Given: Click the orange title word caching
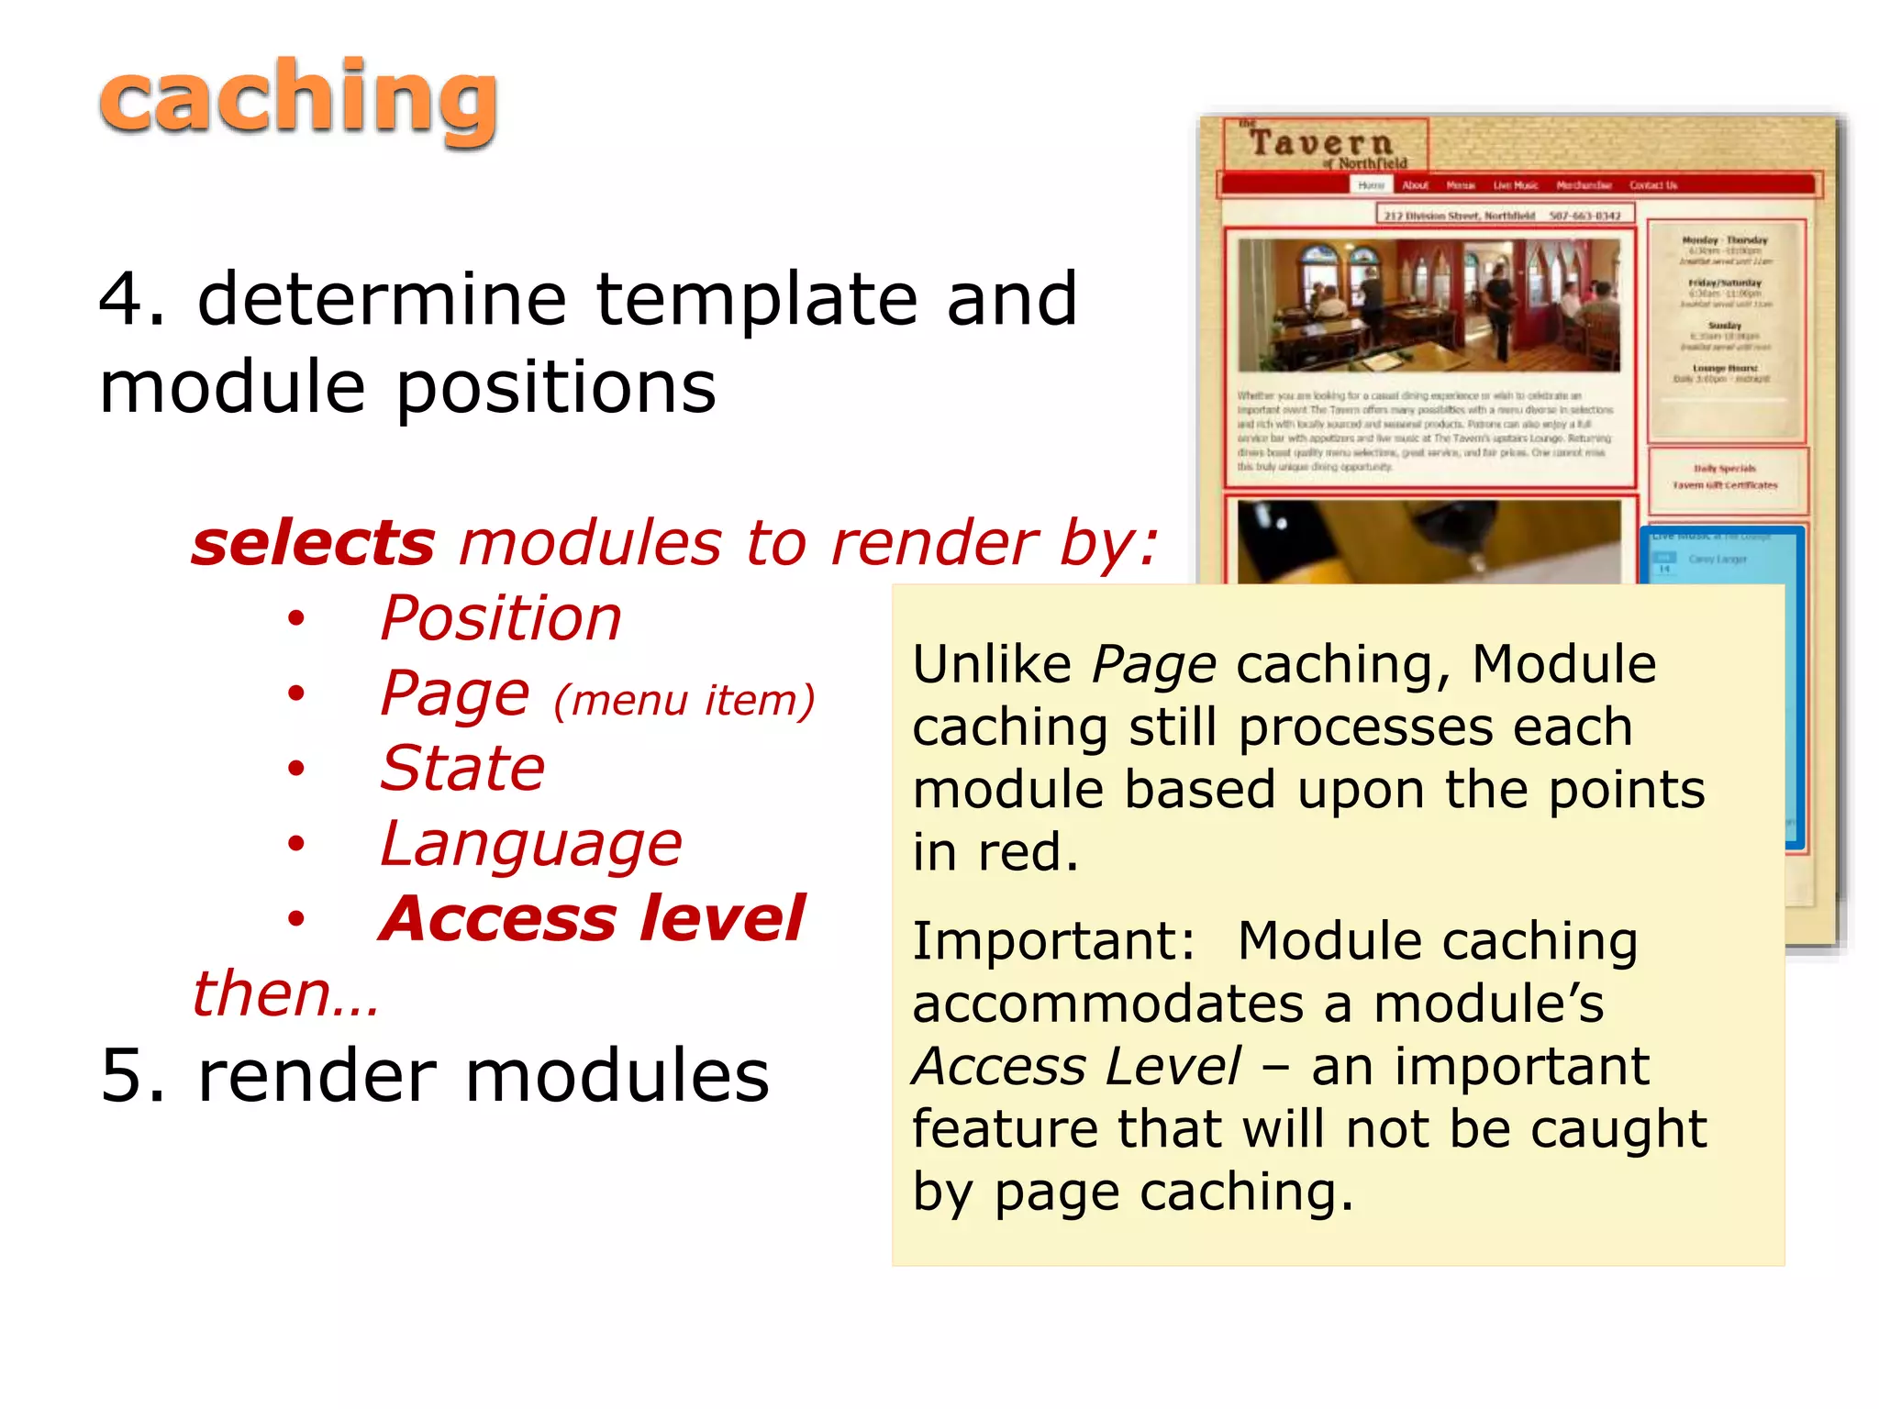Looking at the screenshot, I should tap(298, 99).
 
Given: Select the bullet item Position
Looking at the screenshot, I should tap(501, 618).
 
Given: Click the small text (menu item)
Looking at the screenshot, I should tap(684, 701).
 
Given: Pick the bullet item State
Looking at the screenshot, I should tap(462, 769).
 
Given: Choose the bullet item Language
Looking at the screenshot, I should tap(531, 844).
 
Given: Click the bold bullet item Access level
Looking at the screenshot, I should tap(593, 919).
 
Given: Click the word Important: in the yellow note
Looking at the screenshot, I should tap(1054, 941).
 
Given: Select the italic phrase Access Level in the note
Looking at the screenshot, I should tap(1076, 1067).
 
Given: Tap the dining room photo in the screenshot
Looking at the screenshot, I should tap(1429, 305).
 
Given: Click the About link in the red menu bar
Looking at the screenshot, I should tap(1415, 185).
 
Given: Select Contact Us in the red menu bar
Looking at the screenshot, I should tap(1652, 185).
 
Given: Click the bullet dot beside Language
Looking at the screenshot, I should tap(295, 844).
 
